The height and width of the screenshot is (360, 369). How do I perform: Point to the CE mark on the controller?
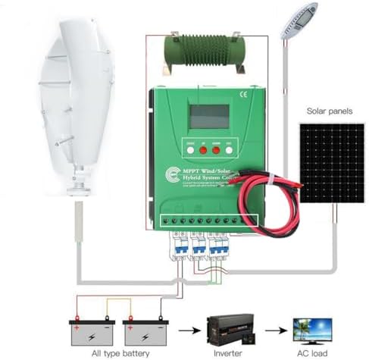tap(244, 95)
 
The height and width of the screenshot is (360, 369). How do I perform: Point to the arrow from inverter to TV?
tap(280, 327)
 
